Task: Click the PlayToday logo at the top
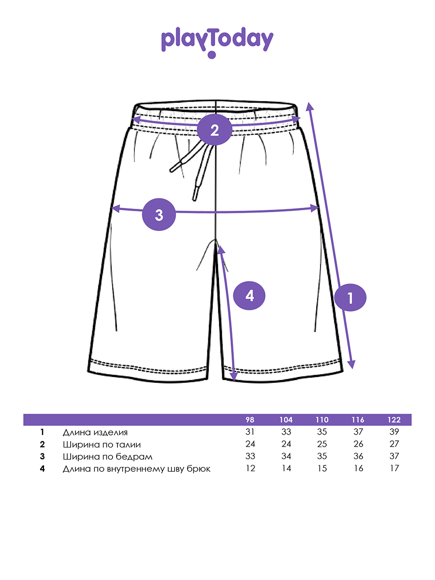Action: (217, 42)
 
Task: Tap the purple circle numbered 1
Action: (350, 298)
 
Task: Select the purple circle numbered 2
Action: (215, 130)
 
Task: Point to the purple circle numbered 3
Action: (159, 215)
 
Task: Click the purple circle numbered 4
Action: (249, 295)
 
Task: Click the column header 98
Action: (250, 420)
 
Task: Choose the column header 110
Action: (322, 420)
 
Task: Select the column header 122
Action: (394, 420)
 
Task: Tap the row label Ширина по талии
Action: (102, 444)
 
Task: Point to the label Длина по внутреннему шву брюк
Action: (137, 468)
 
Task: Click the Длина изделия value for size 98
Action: (250, 432)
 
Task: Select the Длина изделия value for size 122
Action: (394, 432)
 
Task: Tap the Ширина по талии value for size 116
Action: (358, 444)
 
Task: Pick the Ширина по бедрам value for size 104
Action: (286, 456)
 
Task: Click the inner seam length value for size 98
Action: (250, 468)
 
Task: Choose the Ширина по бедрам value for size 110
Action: (322, 456)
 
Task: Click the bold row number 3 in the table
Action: (43, 456)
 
